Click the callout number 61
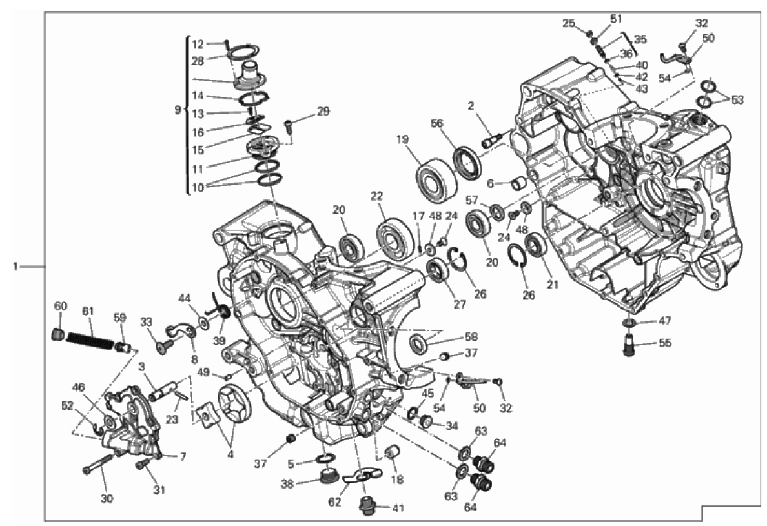[x=88, y=311]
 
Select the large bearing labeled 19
[x=437, y=180]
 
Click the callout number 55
[x=665, y=343]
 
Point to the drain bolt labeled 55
[x=629, y=344]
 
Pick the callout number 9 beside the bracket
[x=178, y=110]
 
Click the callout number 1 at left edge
[x=15, y=267]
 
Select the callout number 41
[x=398, y=508]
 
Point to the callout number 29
[x=323, y=111]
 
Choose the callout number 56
[x=437, y=124]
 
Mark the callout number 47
[x=664, y=321]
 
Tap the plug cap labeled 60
[x=58, y=335]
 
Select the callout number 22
[x=376, y=196]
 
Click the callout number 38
[x=287, y=484]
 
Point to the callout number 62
[x=334, y=502]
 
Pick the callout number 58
[x=471, y=337]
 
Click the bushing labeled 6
[x=520, y=185]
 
